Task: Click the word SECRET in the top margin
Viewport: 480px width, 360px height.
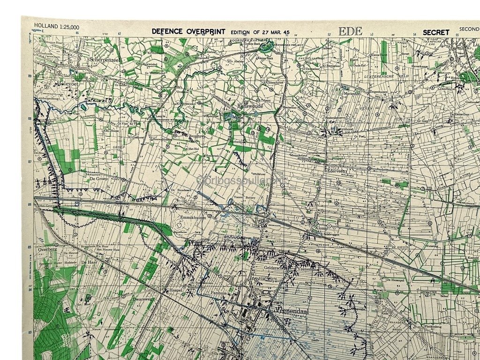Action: point(436,32)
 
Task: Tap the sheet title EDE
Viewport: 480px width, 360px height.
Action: point(350,31)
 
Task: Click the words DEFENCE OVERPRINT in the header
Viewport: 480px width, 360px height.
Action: point(189,32)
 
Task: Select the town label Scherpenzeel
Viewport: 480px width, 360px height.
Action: point(105,60)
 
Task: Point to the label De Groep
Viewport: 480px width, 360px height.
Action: point(99,179)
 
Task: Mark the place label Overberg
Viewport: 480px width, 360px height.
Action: point(47,249)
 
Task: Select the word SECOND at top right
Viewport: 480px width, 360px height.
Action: point(469,29)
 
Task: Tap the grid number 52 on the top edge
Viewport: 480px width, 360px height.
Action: point(329,34)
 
